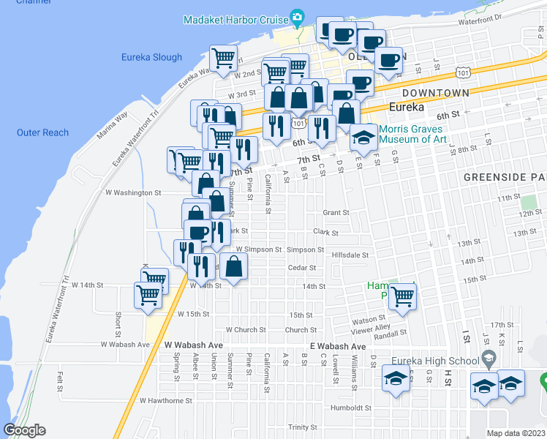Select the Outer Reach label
point(42,132)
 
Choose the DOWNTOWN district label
point(435,93)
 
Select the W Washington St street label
point(133,192)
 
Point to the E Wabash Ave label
point(337,346)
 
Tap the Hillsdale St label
point(350,255)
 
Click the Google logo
point(24,430)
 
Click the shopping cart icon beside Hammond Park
point(401,296)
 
